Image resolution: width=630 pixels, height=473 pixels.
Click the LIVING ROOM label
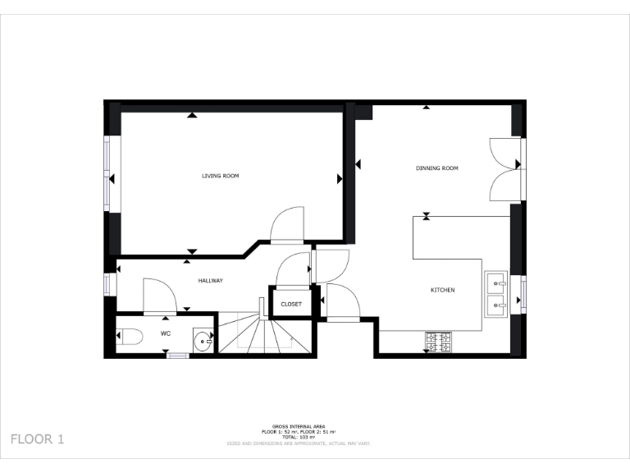221,176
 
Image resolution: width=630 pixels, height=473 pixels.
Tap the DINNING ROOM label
436,168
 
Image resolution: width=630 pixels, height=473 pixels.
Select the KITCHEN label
443,290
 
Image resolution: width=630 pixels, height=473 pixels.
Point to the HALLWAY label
211,281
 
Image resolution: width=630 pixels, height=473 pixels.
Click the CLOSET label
291,304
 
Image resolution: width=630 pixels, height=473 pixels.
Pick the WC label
165,333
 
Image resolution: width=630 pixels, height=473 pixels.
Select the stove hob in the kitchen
439,341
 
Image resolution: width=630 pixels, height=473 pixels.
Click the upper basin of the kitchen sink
497,283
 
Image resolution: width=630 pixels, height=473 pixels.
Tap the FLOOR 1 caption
37,439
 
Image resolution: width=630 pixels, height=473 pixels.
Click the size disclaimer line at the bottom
299,443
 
